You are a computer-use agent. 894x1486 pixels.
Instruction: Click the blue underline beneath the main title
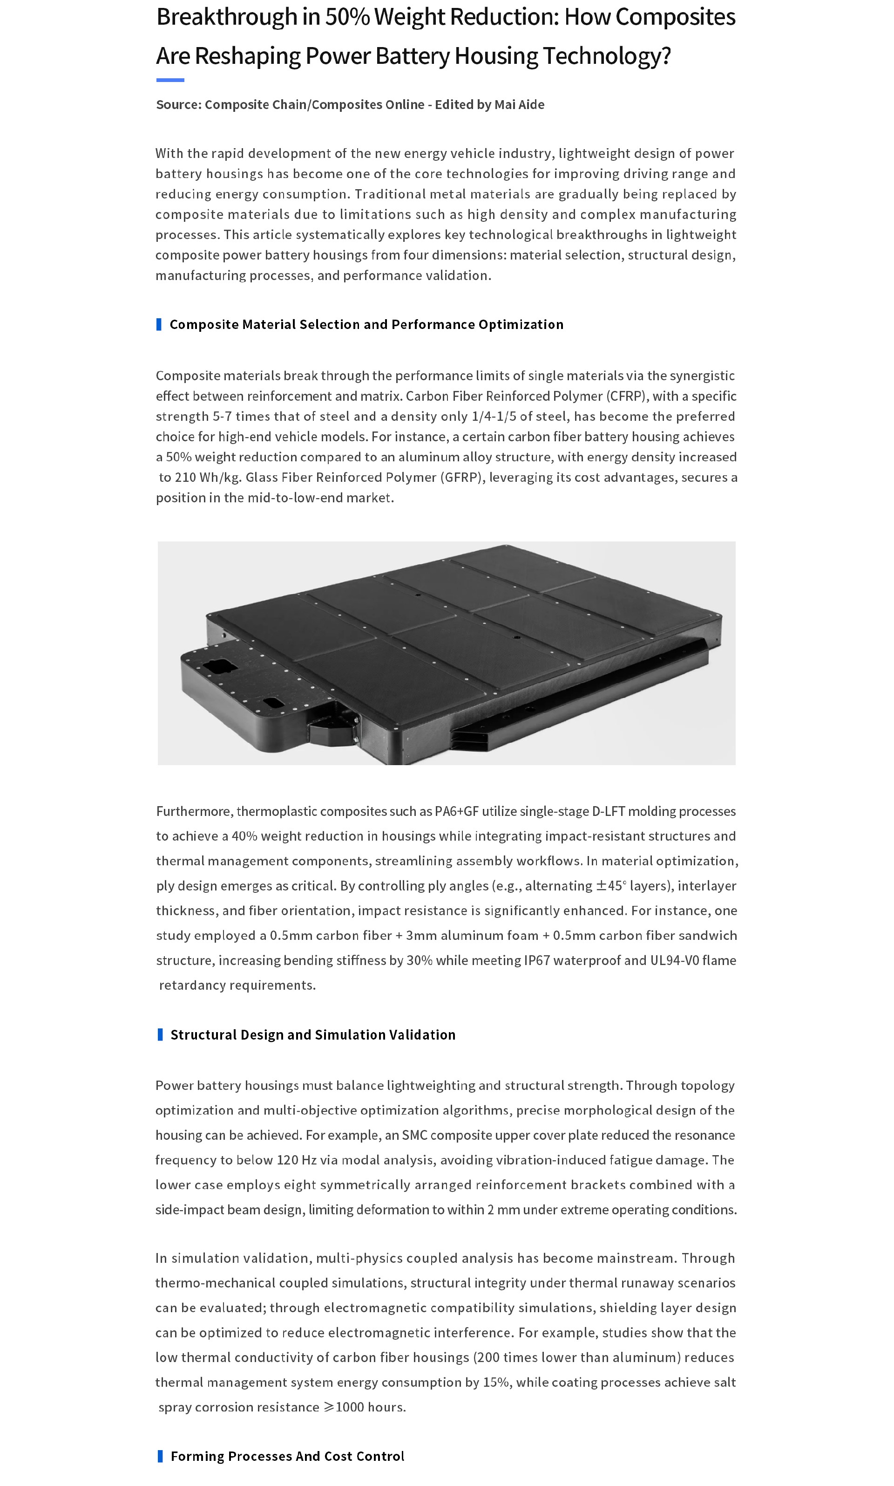coord(170,80)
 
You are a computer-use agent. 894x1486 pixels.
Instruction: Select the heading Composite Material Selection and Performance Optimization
coord(366,324)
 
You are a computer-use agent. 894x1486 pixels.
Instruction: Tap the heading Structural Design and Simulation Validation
coord(312,1034)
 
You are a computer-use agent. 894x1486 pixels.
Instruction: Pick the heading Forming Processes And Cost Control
coord(287,1456)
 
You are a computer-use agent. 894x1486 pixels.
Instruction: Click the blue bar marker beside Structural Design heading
coord(160,1034)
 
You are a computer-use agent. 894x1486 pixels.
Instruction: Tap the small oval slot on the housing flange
coord(272,703)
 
